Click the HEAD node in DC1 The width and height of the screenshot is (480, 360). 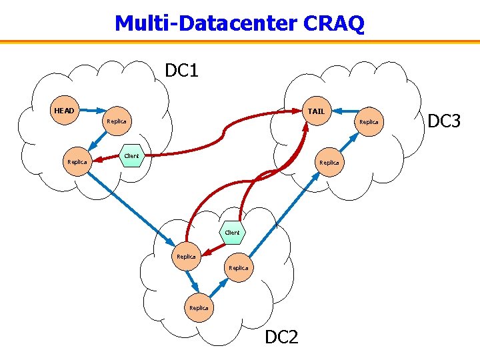(65, 110)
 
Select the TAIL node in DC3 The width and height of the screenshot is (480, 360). (316, 111)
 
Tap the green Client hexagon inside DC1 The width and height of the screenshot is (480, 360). (131, 156)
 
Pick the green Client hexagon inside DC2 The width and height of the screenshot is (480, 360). (232, 233)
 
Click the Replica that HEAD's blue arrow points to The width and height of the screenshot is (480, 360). (117, 121)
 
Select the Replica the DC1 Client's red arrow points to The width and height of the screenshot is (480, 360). (77, 161)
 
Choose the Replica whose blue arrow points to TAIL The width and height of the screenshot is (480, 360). (369, 122)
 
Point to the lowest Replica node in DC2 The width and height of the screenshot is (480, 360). (199, 308)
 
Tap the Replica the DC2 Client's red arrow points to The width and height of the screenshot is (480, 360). (186, 257)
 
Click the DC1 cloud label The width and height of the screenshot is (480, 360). (182, 70)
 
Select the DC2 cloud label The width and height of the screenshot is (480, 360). (281, 337)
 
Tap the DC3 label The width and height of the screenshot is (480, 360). (444, 121)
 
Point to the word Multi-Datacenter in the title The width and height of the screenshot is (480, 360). (206, 23)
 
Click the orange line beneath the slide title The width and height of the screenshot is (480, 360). (240, 41)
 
